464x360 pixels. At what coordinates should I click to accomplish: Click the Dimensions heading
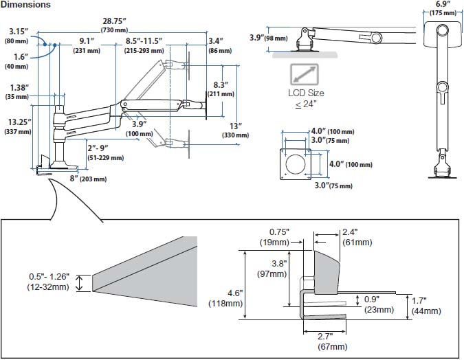(25, 5)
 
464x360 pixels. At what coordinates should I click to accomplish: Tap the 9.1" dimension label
(87, 41)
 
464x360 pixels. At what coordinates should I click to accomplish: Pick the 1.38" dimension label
(20, 88)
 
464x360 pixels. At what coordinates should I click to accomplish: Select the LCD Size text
(306, 93)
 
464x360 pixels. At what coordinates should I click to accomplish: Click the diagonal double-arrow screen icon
(305, 74)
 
